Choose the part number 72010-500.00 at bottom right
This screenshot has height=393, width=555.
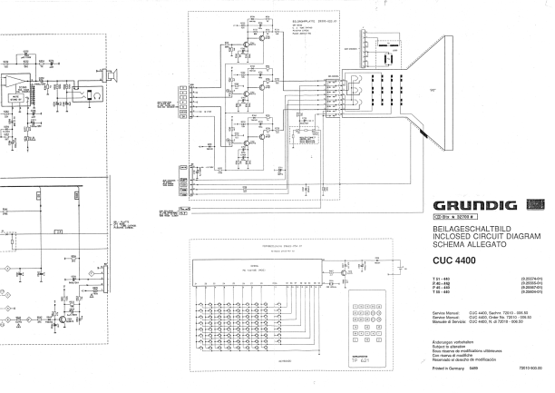tap(530, 368)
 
